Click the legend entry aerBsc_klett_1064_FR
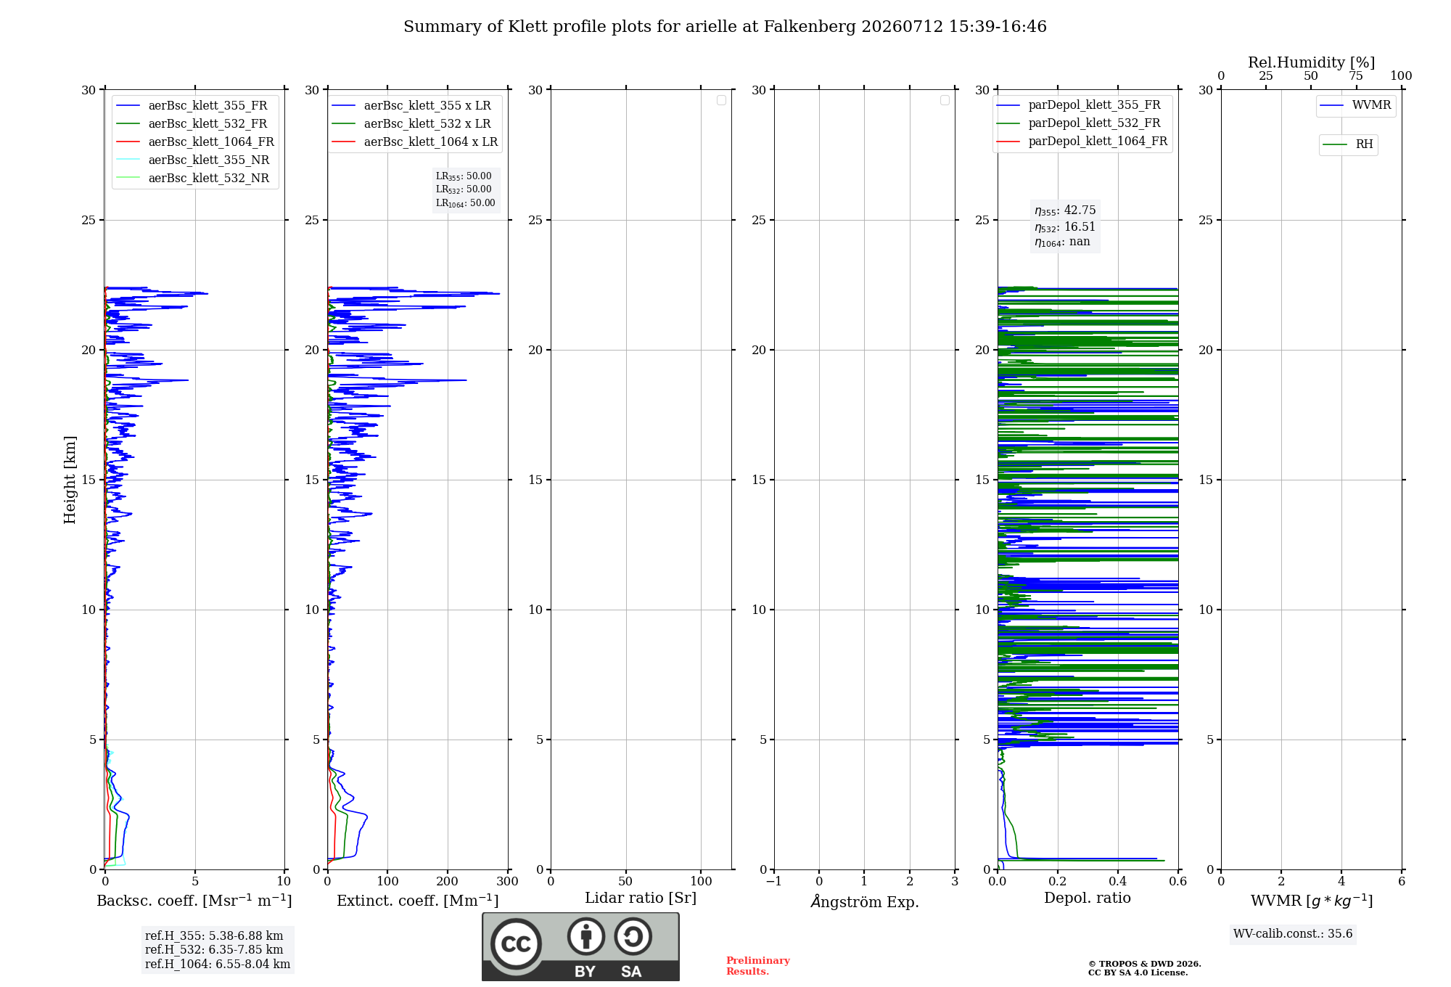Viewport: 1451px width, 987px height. (x=195, y=142)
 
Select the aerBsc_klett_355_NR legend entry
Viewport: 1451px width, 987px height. (x=193, y=160)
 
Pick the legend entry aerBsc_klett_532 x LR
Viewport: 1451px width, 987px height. (x=411, y=123)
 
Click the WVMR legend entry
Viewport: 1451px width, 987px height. (x=1355, y=105)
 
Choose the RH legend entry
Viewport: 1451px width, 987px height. (x=1348, y=144)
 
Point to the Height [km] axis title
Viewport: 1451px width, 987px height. (x=70, y=480)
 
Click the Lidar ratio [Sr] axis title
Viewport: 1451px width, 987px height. (x=641, y=898)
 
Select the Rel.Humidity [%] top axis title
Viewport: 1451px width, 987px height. (x=1312, y=62)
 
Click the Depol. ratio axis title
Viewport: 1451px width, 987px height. (x=1088, y=898)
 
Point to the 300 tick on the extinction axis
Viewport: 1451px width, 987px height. (x=508, y=882)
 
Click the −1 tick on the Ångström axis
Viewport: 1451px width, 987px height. (x=774, y=882)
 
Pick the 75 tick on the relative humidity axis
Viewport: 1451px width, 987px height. (x=1356, y=76)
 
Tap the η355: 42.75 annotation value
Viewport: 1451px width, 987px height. (x=1065, y=210)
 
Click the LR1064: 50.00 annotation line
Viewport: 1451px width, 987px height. (x=466, y=203)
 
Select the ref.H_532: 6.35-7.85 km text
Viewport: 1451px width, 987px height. (x=214, y=950)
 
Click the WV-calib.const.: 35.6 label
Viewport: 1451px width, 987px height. (x=1293, y=934)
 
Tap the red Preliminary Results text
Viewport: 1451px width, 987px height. (x=758, y=966)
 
